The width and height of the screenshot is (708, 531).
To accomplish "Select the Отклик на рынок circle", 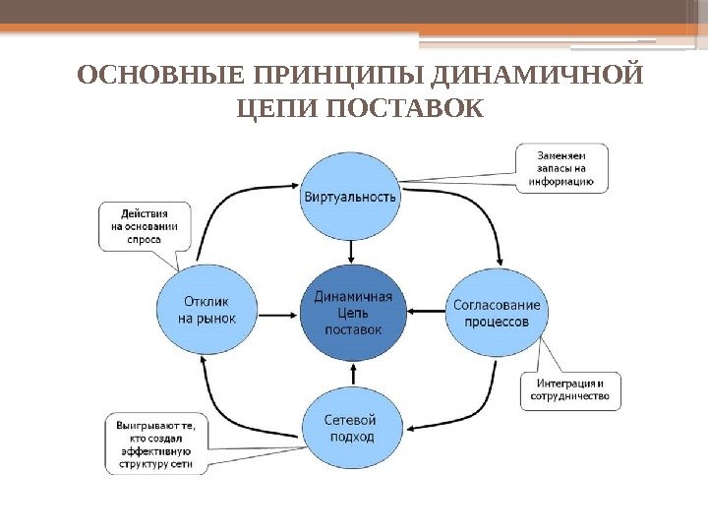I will click(x=206, y=311).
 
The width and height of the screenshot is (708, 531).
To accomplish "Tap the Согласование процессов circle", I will click(x=497, y=312).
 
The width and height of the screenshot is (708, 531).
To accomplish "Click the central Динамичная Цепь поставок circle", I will click(x=352, y=312).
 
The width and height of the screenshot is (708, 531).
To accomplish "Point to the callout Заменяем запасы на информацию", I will click(x=562, y=168).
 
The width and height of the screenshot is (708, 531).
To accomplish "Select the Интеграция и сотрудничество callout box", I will click(x=570, y=389).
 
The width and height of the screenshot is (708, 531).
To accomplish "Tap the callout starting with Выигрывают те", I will click(x=155, y=444).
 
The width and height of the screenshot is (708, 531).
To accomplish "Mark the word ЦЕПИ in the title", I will click(x=279, y=107).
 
